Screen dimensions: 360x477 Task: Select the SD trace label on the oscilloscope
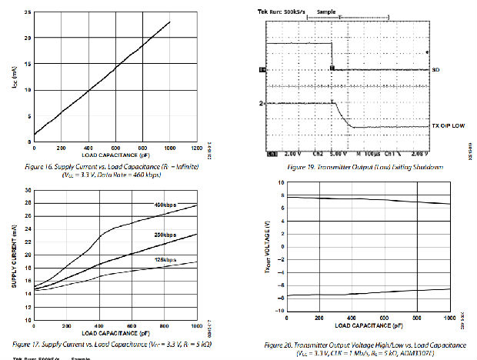(436, 70)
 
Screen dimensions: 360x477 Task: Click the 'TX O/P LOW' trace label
(448, 126)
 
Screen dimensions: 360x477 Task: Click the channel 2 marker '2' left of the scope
(262, 103)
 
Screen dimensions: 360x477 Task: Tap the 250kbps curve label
(164, 235)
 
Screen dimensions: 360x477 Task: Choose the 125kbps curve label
(164, 259)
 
